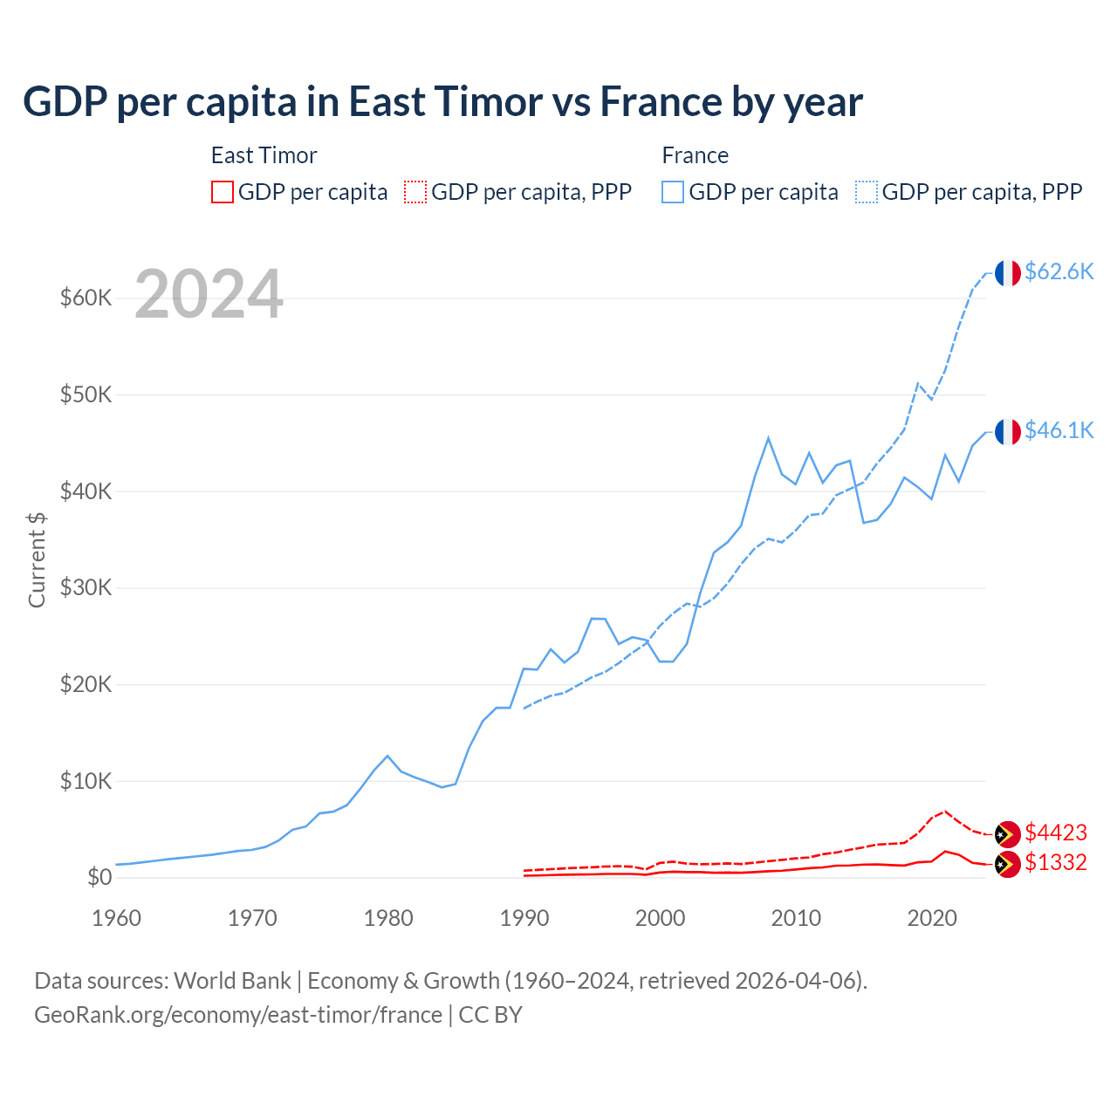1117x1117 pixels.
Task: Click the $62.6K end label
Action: coord(1059,271)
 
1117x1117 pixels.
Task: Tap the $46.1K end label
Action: coord(1059,430)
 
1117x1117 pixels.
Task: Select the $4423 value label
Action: coord(1055,833)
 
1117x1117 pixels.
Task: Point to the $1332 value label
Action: coord(1055,862)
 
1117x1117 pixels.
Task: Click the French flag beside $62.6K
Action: coord(1008,273)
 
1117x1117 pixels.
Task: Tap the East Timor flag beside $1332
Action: coord(1008,865)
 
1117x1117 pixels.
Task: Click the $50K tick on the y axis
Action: coord(86,394)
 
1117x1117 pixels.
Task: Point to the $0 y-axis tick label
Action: coord(99,877)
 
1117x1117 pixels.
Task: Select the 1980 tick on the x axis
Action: coord(388,918)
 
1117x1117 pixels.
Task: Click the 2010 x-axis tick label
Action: coord(796,918)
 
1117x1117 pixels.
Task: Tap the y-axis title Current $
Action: coord(37,559)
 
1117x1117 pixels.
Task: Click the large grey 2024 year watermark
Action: coord(209,294)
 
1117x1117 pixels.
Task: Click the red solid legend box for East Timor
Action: coord(223,192)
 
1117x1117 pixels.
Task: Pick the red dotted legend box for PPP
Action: coord(415,192)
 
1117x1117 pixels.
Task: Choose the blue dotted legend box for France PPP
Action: coord(867,192)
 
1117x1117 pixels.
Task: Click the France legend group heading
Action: coord(695,155)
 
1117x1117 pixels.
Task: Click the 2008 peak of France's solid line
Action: coord(768,438)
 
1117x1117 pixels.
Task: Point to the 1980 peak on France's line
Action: coord(387,756)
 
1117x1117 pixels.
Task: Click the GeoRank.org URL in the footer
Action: coord(238,1015)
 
